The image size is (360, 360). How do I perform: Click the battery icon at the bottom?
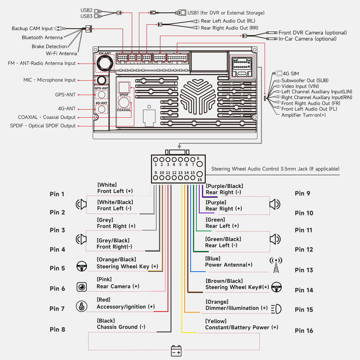[x=176, y=351]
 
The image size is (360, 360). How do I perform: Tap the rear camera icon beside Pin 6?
[x=82, y=287]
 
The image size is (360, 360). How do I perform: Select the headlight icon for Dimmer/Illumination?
[x=276, y=309]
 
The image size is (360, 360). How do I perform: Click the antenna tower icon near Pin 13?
[x=276, y=265]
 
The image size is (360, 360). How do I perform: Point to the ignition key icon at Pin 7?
[x=82, y=306]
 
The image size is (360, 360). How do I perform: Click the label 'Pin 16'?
[x=304, y=331]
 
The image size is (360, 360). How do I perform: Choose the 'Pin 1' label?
[x=57, y=194]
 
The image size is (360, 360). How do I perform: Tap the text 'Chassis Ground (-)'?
[x=121, y=327]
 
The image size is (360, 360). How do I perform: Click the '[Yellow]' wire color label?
[x=216, y=321]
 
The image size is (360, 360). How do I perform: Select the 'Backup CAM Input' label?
[x=32, y=28]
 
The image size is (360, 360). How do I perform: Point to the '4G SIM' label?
[x=291, y=74]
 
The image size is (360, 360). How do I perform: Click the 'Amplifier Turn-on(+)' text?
[x=303, y=115]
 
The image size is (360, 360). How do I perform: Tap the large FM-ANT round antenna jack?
[x=104, y=63]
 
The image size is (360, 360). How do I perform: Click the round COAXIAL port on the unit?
[x=124, y=103]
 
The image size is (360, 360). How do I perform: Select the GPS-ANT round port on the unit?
[x=101, y=95]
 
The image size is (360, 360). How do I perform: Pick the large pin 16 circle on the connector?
[x=200, y=174]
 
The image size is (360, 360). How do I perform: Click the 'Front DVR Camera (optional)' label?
[x=312, y=33]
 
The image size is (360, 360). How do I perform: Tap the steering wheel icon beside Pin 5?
[x=82, y=266]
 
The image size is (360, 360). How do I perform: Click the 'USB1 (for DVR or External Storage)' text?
[x=226, y=13]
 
